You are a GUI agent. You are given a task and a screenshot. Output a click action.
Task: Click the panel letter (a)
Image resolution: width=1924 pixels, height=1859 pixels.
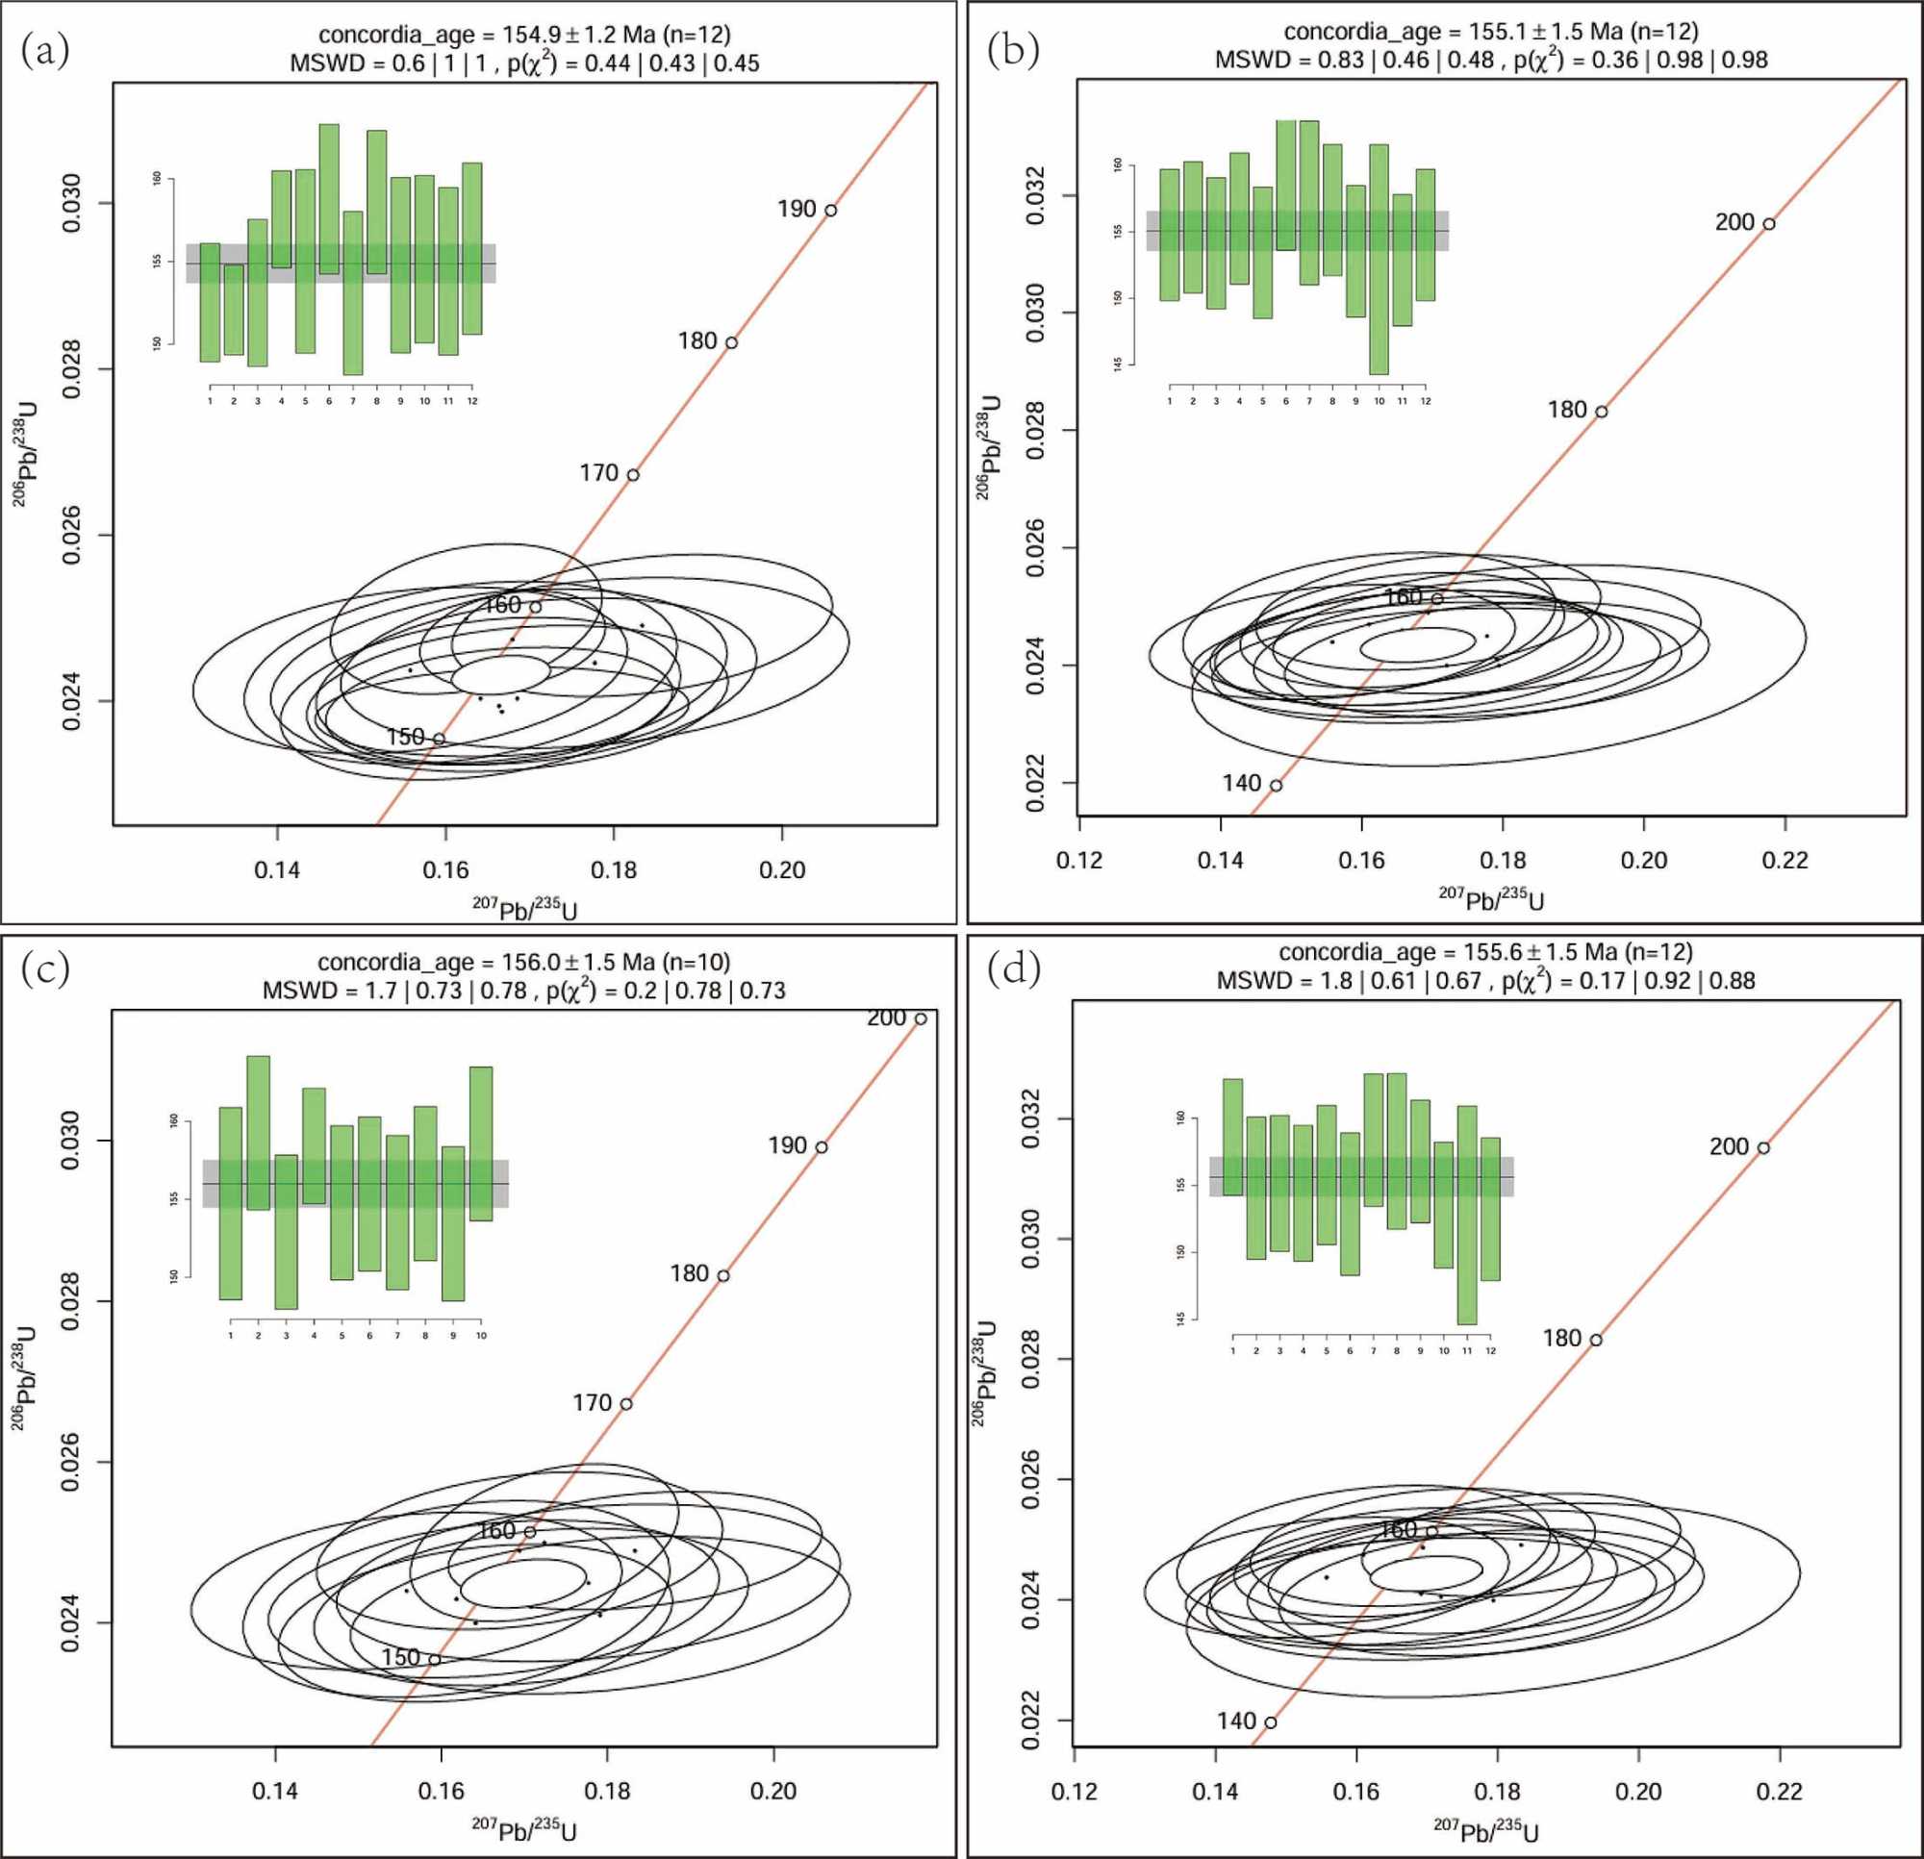[45, 50]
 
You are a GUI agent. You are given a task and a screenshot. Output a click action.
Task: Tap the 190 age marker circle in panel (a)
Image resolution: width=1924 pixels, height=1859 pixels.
[830, 210]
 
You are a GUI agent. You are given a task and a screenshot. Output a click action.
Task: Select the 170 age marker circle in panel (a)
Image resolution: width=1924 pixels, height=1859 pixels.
[633, 475]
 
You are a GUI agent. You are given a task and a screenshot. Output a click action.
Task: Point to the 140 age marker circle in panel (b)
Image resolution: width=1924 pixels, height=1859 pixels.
[1277, 785]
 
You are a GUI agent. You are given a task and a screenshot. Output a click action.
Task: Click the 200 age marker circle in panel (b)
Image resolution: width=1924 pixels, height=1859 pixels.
[1769, 224]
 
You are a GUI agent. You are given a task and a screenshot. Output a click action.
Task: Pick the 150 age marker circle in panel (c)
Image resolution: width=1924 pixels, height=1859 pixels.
[434, 1660]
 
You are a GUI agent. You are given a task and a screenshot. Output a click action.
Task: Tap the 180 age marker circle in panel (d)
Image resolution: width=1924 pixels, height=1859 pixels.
[1596, 1340]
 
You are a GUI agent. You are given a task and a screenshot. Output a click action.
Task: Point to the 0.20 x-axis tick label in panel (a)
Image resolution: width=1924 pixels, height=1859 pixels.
[782, 870]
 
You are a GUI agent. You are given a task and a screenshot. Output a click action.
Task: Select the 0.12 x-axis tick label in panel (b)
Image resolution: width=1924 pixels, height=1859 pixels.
[1078, 861]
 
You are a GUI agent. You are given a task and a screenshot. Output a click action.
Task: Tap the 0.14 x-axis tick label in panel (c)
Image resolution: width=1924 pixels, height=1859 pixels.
[276, 1792]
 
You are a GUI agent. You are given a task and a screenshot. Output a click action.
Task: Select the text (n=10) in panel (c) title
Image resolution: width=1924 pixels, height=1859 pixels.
[696, 962]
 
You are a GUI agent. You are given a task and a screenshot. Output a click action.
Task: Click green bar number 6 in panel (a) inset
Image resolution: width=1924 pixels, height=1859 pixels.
[329, 199]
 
